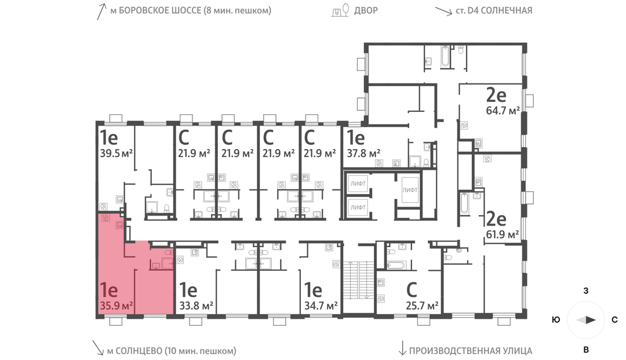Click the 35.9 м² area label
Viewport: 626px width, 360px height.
tap(116, 306)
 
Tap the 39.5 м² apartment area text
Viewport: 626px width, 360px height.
tap(116, 153)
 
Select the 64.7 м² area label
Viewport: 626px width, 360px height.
tap(503, 111)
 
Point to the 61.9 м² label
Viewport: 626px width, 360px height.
tap(502, 234)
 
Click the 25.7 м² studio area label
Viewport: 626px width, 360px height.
tap(422, 306)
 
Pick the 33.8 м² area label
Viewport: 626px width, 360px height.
tap(196, 306)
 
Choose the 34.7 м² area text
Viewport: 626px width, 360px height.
tap(321, 306)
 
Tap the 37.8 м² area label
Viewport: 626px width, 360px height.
tap(363, 153)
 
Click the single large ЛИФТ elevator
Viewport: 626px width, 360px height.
tap(410, 190)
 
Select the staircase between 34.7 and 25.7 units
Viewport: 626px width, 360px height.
tap(358, 280)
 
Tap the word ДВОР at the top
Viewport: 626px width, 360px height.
tap(366, 10)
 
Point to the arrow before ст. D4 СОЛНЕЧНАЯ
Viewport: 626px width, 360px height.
tap(443, 11)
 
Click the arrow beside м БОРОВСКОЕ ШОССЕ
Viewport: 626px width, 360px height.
tap(101, 12)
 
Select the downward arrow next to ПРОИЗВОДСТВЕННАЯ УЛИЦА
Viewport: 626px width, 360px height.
tap(402, 348)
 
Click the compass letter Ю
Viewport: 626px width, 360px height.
tap(556, 319)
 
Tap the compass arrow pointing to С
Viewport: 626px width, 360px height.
tap(587, 319)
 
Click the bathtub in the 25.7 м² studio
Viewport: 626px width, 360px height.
tap(396, 265)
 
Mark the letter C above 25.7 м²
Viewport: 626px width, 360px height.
tap(412, 290)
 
